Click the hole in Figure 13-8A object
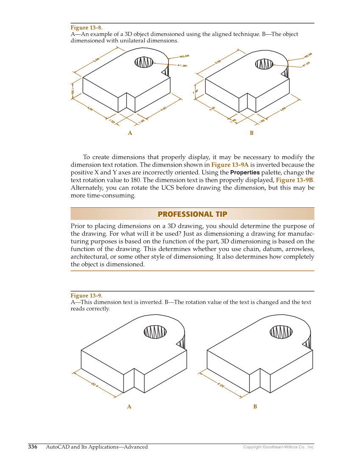(144, 62)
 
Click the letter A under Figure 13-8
(130, 133)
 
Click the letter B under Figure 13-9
(255, 407)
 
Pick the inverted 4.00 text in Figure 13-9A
(94, 385)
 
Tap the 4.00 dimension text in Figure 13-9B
(220, 385)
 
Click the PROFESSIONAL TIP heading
(192, 214)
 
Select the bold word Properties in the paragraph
(245, 173)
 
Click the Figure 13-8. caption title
(87, 28)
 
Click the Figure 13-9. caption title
(87, 296)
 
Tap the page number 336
(33, 447)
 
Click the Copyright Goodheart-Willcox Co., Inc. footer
(279, 447)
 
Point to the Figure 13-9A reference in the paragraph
(230, 165)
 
